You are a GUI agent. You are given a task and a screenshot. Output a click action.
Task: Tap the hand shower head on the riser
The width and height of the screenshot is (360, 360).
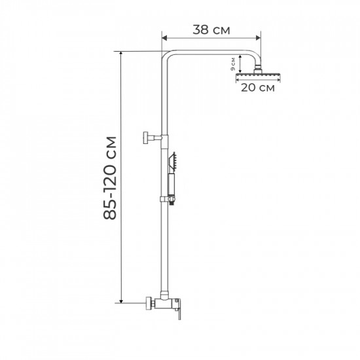point(175,161)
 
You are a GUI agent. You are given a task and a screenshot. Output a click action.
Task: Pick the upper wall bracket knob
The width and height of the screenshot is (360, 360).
point(143,137)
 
